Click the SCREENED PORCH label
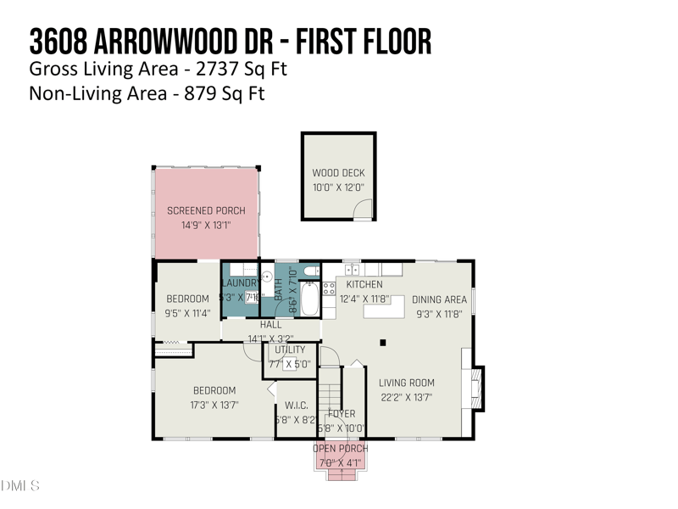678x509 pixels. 206,210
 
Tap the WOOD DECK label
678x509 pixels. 338,173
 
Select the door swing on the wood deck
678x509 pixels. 363,209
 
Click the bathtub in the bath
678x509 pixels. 308,299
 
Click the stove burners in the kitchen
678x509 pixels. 329,288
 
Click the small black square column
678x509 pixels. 383,343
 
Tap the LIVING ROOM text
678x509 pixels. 406,383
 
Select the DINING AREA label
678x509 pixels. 439,299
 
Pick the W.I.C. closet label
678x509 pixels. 296,405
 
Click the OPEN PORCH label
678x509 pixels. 340,449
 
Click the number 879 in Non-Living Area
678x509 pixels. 200,93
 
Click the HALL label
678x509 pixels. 270,324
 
